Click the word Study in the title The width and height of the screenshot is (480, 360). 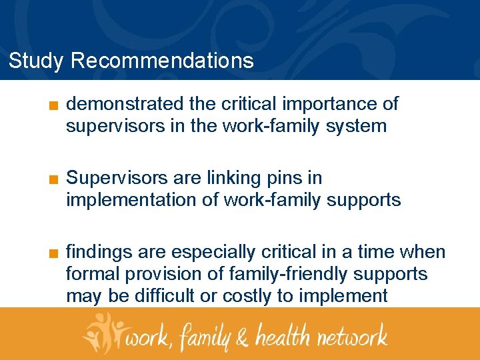click(36, 61)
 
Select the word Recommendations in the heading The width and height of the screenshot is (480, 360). click(162, 61)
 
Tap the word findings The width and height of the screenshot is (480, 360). click(99, 253)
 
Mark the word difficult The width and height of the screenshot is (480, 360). click(167, 295)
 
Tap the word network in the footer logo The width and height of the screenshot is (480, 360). click(351, 335)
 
